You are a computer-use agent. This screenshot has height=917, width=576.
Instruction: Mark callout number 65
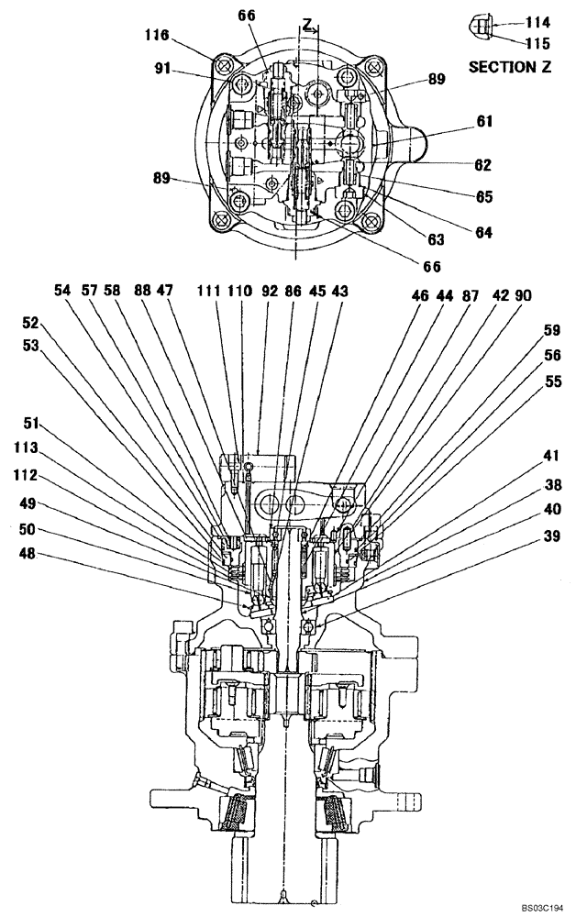(484, 195)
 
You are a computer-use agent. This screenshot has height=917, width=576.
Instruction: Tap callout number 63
(436, 239)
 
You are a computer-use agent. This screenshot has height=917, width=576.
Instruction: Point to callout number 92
(268, 290)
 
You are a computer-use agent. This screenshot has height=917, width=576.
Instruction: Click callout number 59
(551, 329)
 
